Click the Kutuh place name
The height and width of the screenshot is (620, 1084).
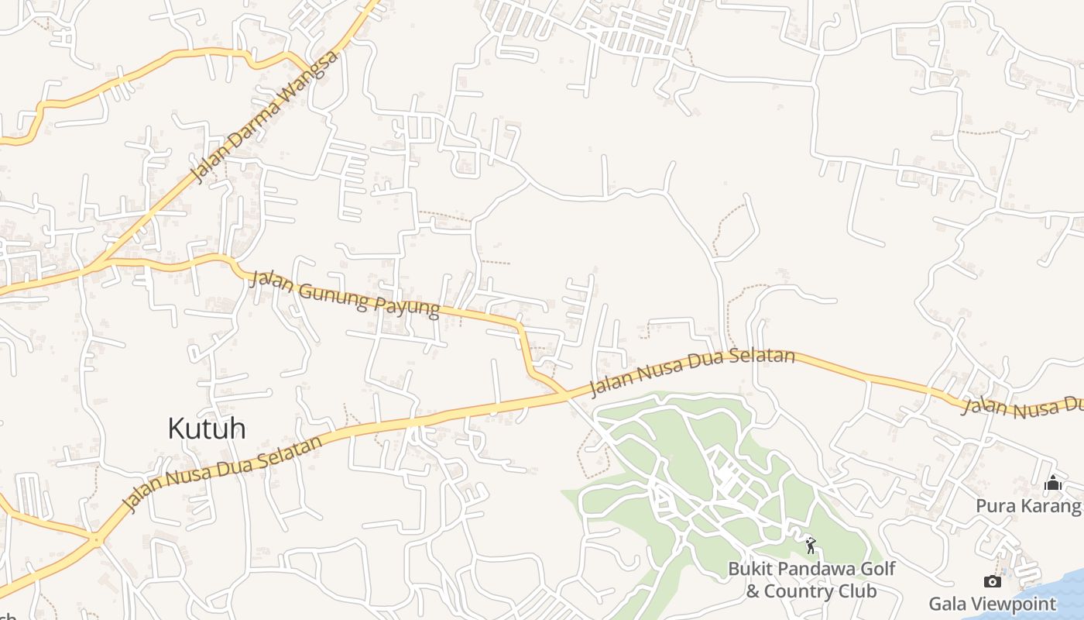point(207,428)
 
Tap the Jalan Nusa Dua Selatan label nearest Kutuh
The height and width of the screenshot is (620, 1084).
point(222,474)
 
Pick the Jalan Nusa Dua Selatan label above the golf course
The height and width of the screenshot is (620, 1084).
point(692,372)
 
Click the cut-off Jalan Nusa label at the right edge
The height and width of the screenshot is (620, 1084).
point(1022,405)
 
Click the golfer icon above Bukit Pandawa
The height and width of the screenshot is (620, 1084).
point(811,546)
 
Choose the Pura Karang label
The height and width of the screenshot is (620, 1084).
point(1028,506)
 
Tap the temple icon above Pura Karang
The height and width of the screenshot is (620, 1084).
point(1053,484)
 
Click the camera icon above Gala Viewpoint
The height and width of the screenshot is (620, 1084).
point(992,581)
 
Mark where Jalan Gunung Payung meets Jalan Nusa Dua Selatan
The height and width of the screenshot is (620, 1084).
point(568,395)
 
